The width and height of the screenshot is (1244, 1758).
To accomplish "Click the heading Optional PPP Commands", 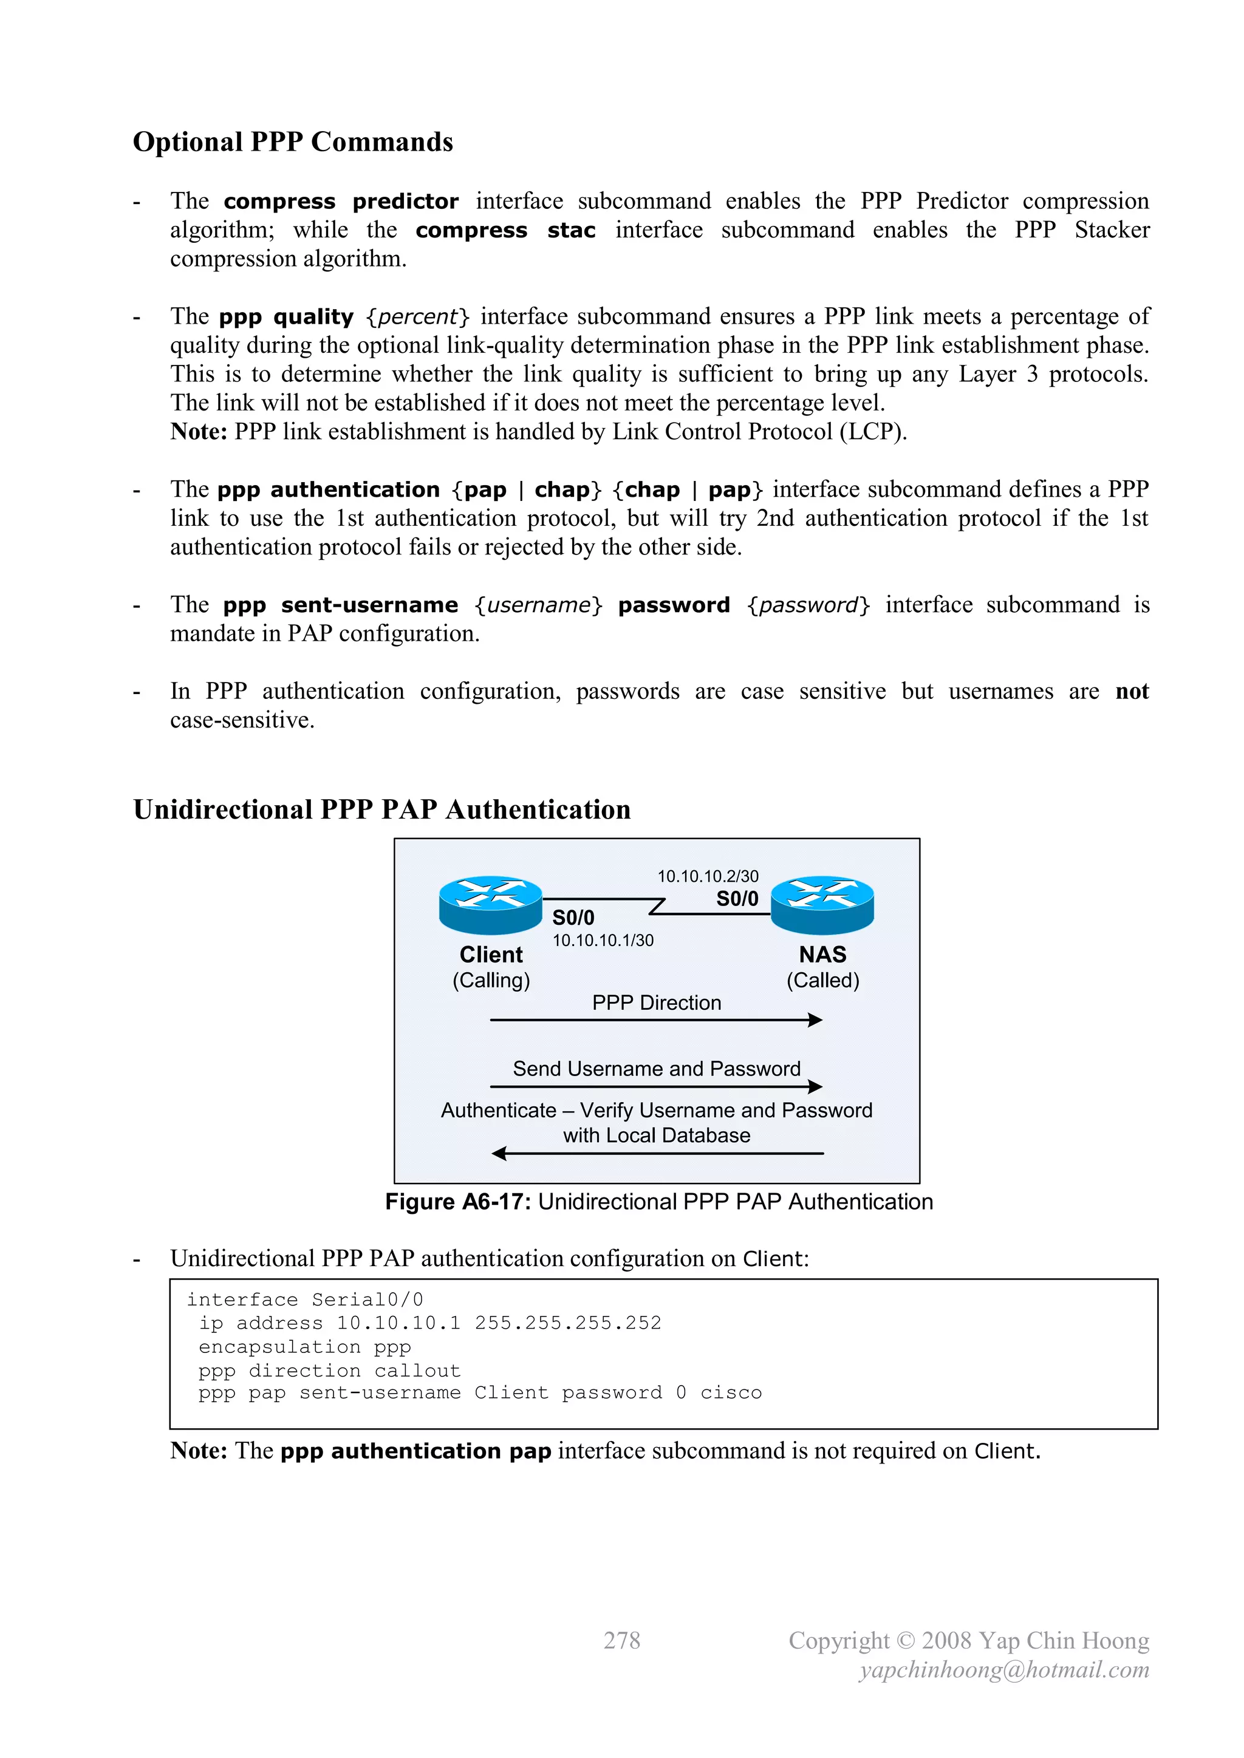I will tap(293, 143).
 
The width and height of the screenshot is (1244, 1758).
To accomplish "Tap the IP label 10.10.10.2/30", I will tap(708, 876).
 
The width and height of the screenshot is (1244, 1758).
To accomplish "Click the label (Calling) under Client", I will tap(491, 980).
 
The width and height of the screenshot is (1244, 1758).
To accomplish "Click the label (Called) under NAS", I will tap(822, 980).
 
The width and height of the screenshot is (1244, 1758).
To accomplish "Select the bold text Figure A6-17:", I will tap(458, 1201).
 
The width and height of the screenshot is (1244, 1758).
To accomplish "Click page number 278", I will tap(621, 1640).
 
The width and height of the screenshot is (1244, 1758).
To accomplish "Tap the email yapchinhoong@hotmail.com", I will tap(1004, 1670).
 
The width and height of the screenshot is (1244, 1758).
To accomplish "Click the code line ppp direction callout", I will tap(329, 1370).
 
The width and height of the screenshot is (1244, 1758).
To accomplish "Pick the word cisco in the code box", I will tap(731, 1393).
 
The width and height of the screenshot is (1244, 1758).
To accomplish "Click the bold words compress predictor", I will tap(341, 202).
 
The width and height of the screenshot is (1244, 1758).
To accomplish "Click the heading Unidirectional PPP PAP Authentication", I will tap(381, 810).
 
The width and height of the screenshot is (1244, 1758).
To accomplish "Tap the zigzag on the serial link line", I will tap(657, 907).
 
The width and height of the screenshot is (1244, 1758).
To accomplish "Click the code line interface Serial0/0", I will tap(305, 1300).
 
